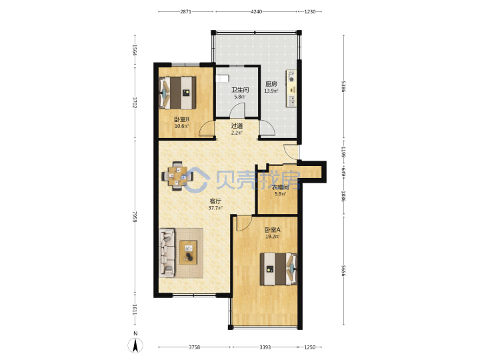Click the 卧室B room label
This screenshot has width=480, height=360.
181,119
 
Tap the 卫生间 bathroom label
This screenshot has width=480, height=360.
240,90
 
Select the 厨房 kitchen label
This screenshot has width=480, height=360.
271,84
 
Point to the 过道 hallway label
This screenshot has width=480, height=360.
237,126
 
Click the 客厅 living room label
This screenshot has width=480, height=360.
215,201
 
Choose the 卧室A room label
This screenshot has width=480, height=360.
273,229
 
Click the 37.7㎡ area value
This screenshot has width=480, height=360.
215,208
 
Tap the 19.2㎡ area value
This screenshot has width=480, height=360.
272,237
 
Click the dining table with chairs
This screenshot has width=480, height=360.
177,176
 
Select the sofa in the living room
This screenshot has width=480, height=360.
167,253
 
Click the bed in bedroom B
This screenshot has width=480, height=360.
177,93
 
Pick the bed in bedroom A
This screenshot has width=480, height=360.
279,269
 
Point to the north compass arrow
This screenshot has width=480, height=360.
135,345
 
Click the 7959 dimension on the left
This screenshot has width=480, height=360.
135,216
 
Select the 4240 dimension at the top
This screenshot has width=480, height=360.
256,11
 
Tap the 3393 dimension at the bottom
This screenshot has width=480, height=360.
265,347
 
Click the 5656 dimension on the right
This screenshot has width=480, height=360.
343,271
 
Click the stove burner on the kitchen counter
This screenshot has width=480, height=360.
291,79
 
